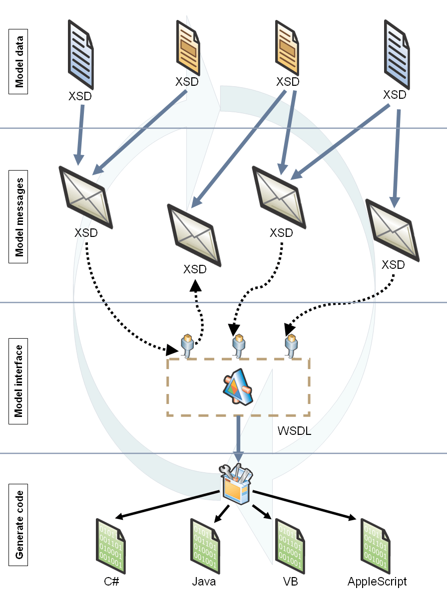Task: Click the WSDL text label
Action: (x=294, y=431)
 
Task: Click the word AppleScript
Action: (x=377, y=582)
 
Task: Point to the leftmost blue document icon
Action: (x=80, y=55)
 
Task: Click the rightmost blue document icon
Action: (x=398, y=55)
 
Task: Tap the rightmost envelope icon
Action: (x=392, y=229)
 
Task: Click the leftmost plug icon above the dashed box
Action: (x=187, y=346)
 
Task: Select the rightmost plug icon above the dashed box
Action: (x=291, y=346)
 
